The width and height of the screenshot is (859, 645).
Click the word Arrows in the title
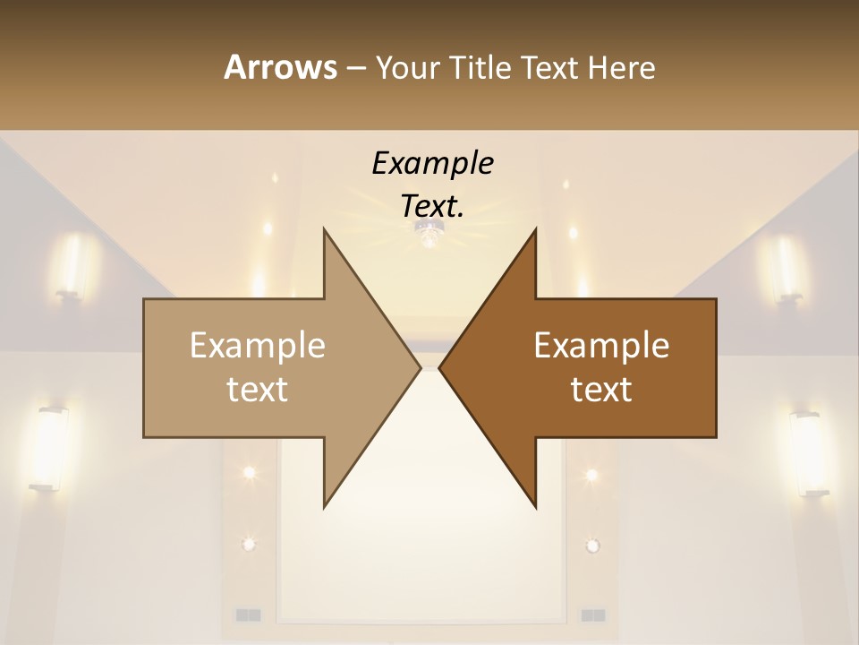pyautogui.click(x=280, y=67)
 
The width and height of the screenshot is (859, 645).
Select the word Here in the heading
pyautogui.click(x=621, y=68)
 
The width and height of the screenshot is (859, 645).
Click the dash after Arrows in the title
pyautogui.click(x=355, y=69)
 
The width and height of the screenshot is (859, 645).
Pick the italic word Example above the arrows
pyautogui.click(x=432, y=164)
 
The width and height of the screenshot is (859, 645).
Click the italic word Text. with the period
pyautogui.click(x=432, y=206)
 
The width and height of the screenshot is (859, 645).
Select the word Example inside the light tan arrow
pyautogui.click(x=258, y=346)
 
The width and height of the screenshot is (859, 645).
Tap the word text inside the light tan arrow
pyautogui.click(x=258, y=389)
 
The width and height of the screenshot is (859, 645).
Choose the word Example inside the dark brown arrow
pyautogui.click(x=601, y=346)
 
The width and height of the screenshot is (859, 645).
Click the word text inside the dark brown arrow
pyautogui.click(x=601, y=389)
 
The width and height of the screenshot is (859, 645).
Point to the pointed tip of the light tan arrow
pyautogui.click(x=419, y=367)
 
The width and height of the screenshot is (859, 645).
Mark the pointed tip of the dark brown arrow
pyautogui.click(x=441, y=367)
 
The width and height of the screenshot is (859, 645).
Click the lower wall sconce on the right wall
pyautogui.click(x=808, y=453)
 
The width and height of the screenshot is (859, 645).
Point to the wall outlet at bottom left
pyautogui.click(x=248, y=615)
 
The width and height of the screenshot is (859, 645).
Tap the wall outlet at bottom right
pyautogui.click(x=592, y=615)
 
